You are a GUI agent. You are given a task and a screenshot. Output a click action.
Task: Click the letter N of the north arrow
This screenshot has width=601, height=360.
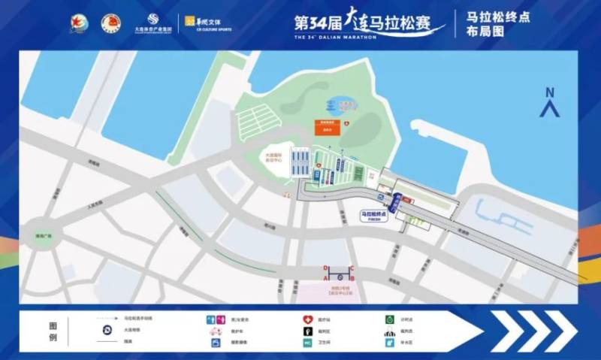550,92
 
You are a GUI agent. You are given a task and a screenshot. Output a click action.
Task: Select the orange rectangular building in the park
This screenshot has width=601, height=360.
328,126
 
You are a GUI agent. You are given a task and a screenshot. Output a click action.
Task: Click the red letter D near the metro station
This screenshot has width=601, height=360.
325,268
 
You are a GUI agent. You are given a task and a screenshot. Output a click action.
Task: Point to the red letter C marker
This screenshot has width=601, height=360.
352,268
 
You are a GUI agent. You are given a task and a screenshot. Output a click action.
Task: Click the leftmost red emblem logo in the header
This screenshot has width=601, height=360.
78,23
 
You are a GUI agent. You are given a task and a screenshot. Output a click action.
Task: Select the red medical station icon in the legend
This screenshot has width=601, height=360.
307,319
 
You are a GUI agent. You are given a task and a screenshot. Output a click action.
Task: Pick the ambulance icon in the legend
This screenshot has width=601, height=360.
214,331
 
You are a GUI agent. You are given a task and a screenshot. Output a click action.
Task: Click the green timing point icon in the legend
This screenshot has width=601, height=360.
389,319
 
